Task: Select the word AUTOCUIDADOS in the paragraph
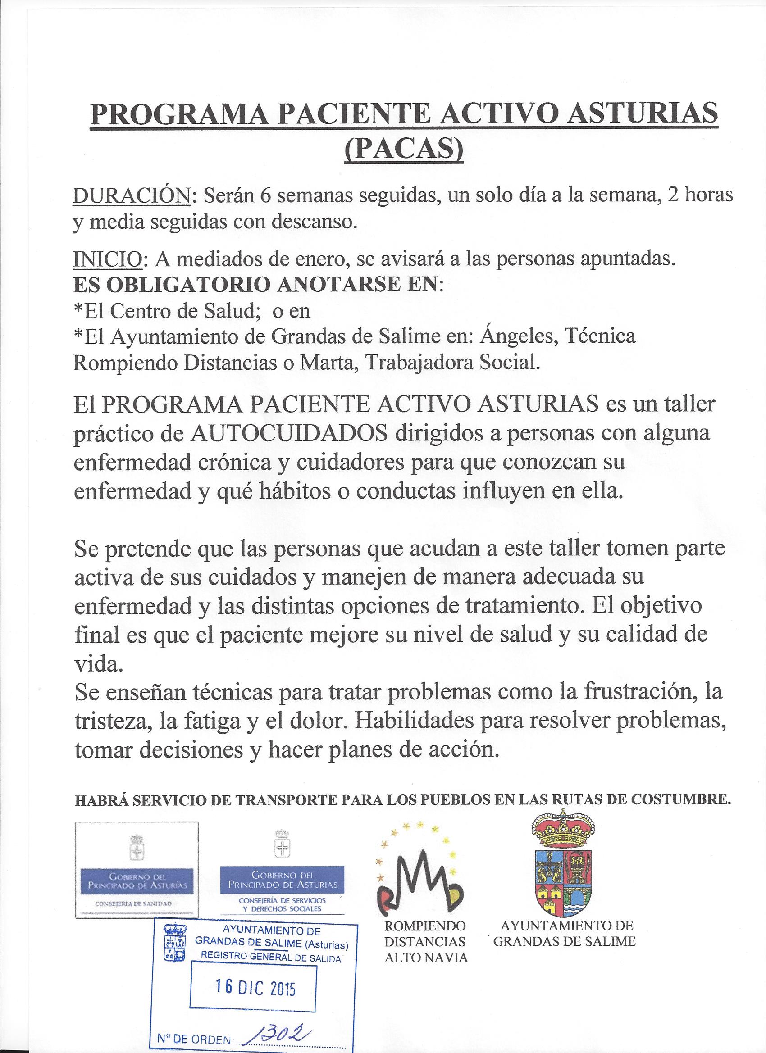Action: point(289,434)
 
